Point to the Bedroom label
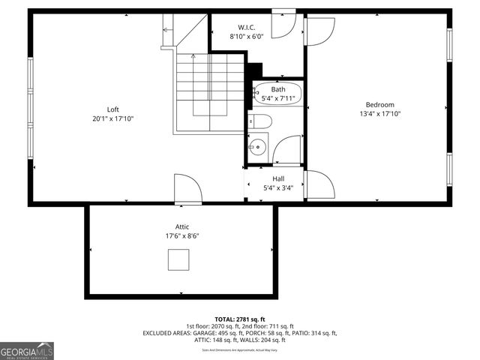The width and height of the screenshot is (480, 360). point(379,104)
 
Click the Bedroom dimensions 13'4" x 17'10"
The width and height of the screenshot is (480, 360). point(379,114)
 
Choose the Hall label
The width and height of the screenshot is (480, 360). point(278,178)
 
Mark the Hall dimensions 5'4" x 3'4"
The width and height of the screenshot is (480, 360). point(278,187)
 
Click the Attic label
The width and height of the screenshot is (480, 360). point(182,226)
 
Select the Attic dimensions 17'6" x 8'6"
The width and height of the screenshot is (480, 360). point(182,235)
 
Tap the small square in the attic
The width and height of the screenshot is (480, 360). point(178,259)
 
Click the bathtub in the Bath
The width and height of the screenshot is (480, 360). point(278,94)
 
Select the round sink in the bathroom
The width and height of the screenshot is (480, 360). point(257,145)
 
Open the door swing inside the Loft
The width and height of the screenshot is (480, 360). point(187,188)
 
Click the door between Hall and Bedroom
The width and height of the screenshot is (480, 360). point(319,184)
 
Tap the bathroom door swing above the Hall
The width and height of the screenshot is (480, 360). point(287,149)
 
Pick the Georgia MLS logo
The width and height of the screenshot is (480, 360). point(27,350)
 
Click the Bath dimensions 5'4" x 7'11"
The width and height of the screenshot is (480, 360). point(278,98)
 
